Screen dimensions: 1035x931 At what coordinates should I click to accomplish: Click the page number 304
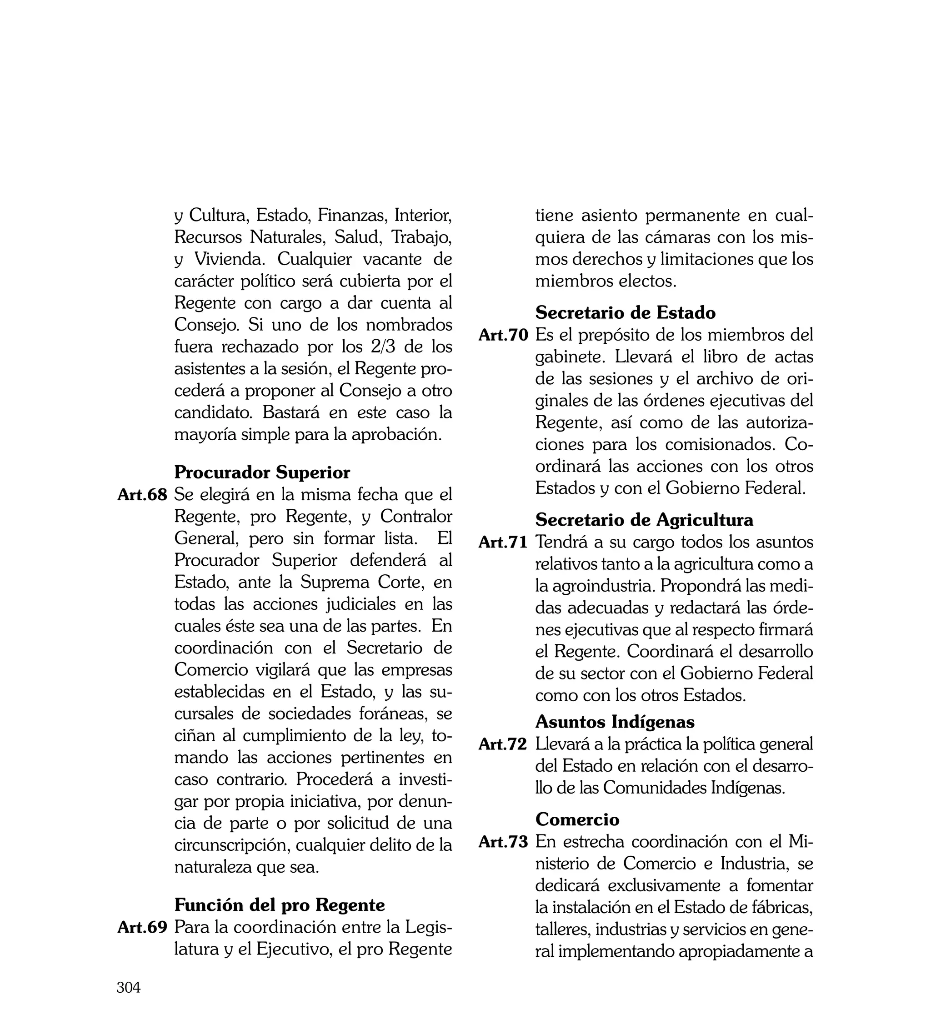[128, 987]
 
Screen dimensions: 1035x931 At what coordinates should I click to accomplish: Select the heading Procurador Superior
[262, 472]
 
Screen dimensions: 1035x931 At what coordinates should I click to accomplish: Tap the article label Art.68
[142, 495]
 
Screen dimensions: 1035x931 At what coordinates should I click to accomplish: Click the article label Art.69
[142, 927]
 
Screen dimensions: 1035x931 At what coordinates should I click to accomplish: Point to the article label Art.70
[503, 335]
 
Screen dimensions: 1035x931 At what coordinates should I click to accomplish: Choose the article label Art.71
[503, 543]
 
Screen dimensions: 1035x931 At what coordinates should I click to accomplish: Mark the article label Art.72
[502, 744]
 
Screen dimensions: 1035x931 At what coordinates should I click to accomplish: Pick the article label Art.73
[503, 842]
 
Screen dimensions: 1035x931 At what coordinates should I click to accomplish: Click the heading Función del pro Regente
[279, 904]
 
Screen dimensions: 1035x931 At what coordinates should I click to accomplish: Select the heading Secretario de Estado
[625, 312]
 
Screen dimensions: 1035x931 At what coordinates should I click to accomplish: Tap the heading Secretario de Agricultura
[644, 520]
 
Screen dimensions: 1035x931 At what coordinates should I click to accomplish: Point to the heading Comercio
[577, 819]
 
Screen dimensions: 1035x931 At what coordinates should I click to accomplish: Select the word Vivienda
[229, 259]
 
